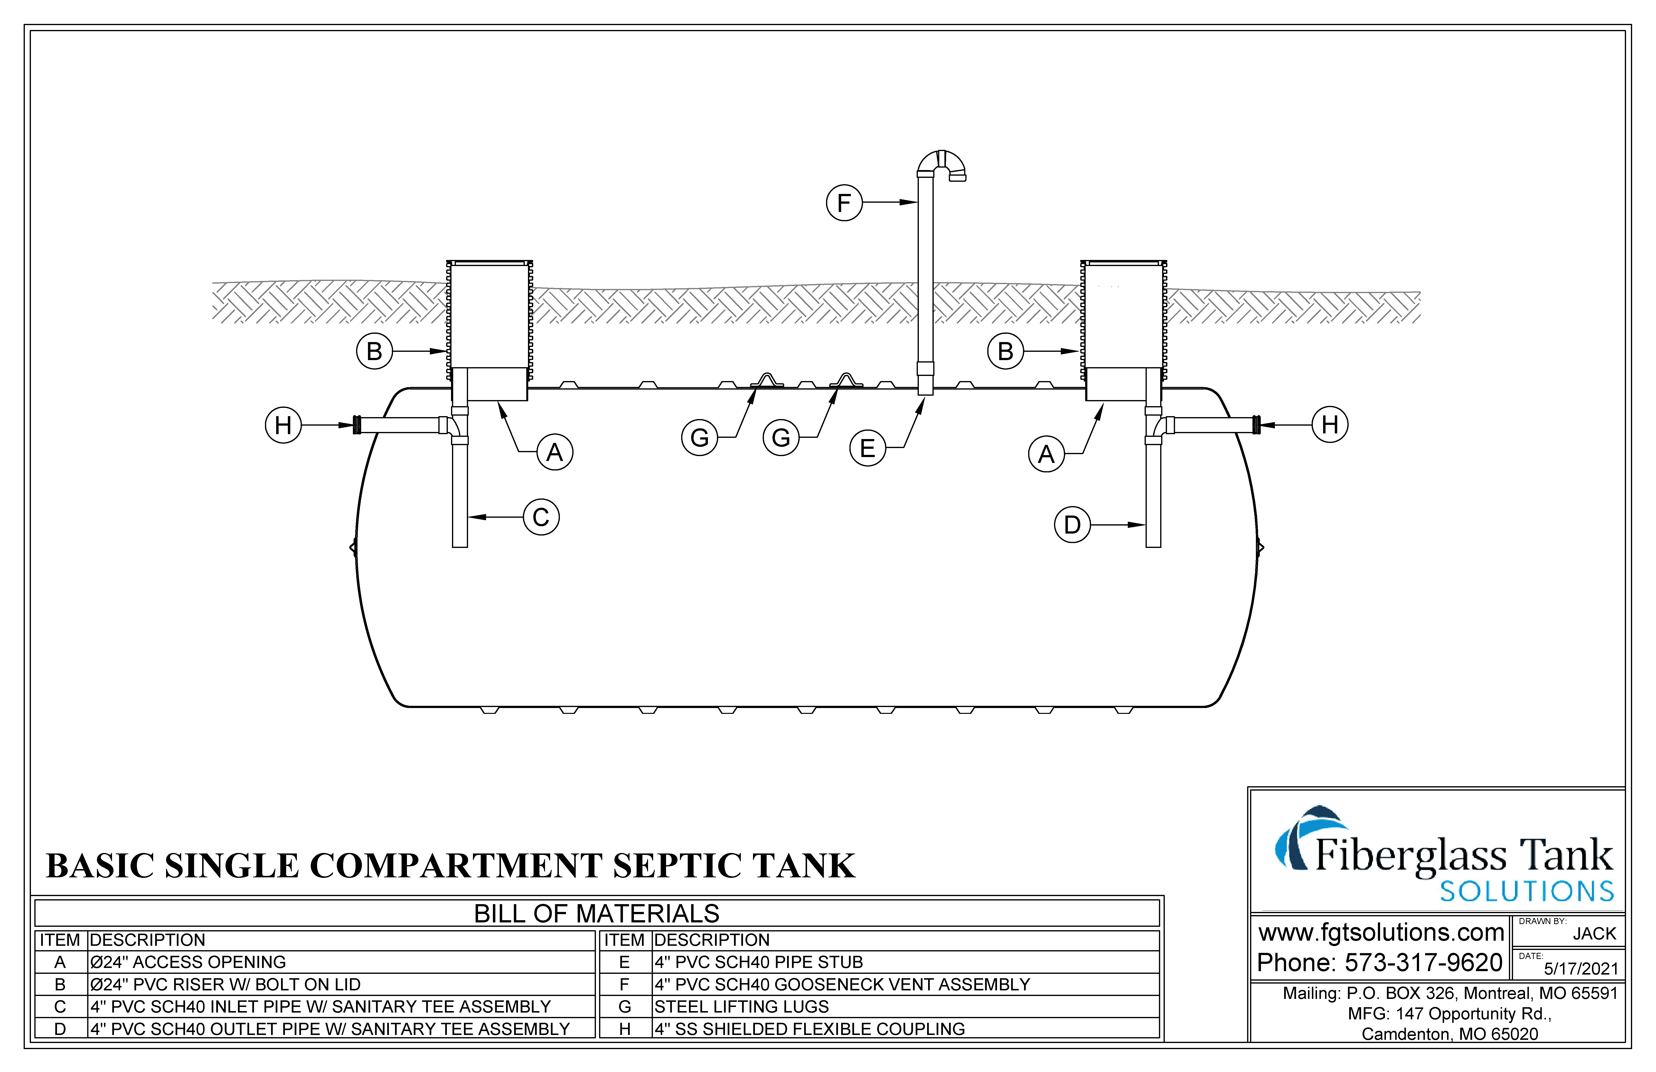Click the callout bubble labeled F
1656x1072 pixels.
[x=844, y=202]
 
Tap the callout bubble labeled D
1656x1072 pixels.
[x=1072, y=525]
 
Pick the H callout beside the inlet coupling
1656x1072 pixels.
[x=283, y=425]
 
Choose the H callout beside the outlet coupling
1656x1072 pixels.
[x=1330, y=425]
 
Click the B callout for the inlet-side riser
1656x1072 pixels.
[x=374, y=352]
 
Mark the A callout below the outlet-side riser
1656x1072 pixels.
[x=1046, y=454]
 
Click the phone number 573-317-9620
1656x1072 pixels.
[x=1423, y=963]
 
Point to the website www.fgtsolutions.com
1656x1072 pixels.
[x=1381, y=932]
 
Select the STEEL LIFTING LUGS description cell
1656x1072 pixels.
[x=742, y=1006]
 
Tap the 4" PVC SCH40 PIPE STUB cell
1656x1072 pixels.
[x=758, y=962]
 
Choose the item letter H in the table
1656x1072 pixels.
[x=625, y=1029]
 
